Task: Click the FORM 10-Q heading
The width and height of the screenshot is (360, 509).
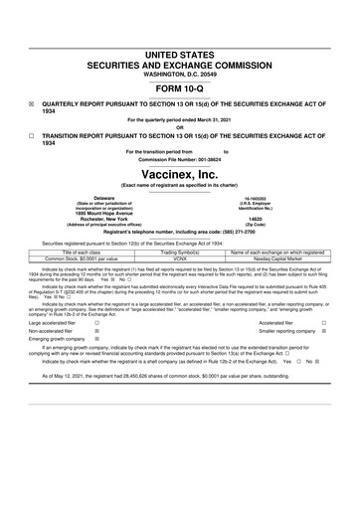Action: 180,87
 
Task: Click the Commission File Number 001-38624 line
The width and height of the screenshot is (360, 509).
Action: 180,159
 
